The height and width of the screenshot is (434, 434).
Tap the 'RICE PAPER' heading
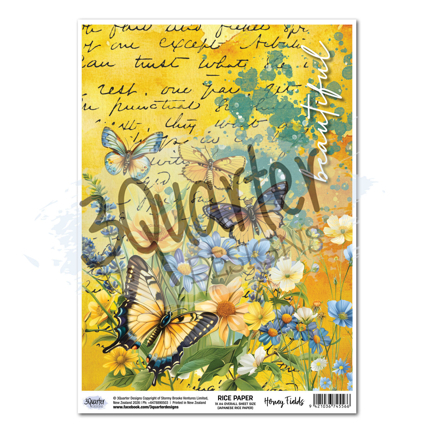tap(235, 398)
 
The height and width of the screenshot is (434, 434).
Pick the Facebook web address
tap(146, 407)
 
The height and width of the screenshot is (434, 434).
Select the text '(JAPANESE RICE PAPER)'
tap(235, 408)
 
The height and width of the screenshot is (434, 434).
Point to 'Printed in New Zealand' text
tap(189, 403)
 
